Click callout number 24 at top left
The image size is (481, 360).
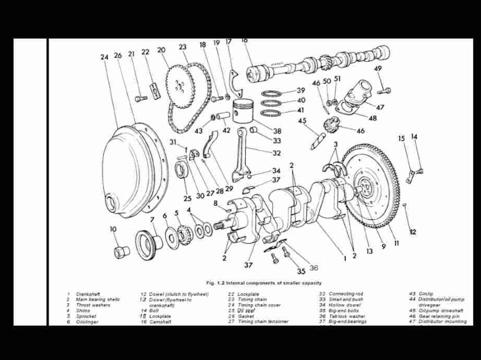(105, 56)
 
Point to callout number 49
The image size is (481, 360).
(378, 68)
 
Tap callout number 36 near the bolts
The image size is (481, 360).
(313, 267)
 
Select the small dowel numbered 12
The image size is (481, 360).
(404, 205)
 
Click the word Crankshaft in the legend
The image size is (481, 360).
(88, 294)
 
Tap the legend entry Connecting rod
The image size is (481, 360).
(346, 294)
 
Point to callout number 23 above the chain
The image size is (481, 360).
(182, 47)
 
